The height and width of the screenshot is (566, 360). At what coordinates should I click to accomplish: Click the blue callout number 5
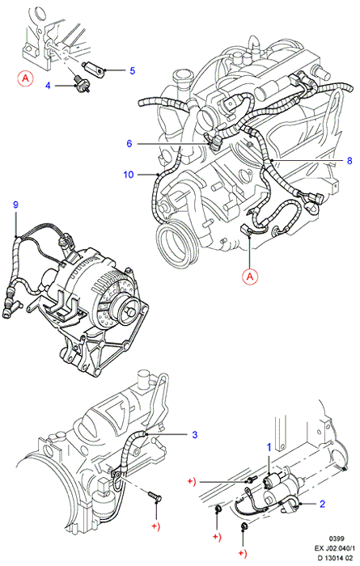click(132, 71)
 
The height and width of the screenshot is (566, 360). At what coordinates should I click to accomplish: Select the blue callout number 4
click(48, 86)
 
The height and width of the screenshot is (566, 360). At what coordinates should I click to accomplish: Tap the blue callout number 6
click(129, 144)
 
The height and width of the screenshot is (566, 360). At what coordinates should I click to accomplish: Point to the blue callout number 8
click(349, 160)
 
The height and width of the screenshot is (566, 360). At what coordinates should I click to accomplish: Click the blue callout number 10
click(129, 175)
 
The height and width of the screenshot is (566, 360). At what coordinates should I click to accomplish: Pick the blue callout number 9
click(15, 205)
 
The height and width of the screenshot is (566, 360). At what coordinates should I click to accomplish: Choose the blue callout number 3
click(195, 435)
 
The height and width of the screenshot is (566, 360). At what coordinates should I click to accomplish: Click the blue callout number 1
click(269, 448)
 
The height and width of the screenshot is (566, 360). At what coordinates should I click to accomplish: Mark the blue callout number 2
click(323, 504)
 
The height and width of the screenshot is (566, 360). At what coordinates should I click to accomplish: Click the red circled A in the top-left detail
click(25, 78)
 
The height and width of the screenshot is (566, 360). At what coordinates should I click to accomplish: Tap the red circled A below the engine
click(250, 277)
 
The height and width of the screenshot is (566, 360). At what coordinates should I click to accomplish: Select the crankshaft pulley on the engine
click(177, 242)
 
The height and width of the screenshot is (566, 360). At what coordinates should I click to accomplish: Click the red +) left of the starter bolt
click(192, 482)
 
